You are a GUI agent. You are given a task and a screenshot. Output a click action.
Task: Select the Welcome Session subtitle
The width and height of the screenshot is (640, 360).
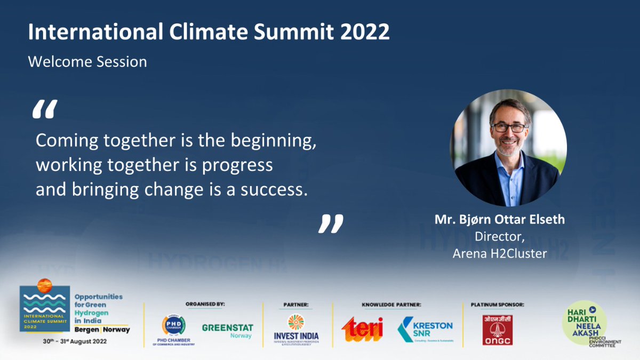click(x=87, y=62)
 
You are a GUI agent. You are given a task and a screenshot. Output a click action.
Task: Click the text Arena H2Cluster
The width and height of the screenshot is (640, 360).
click(x=500, y=254)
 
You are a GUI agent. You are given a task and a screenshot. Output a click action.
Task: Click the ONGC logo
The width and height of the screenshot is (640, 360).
click(x=497, y=330)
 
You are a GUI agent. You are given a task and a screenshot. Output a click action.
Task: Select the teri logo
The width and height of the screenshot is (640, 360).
click(x=362, y=329)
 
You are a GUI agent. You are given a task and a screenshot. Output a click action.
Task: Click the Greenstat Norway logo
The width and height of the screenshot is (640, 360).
click(x=227, y=331)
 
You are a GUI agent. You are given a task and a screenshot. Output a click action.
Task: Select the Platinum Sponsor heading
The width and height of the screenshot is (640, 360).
click(x=497, y=305)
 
